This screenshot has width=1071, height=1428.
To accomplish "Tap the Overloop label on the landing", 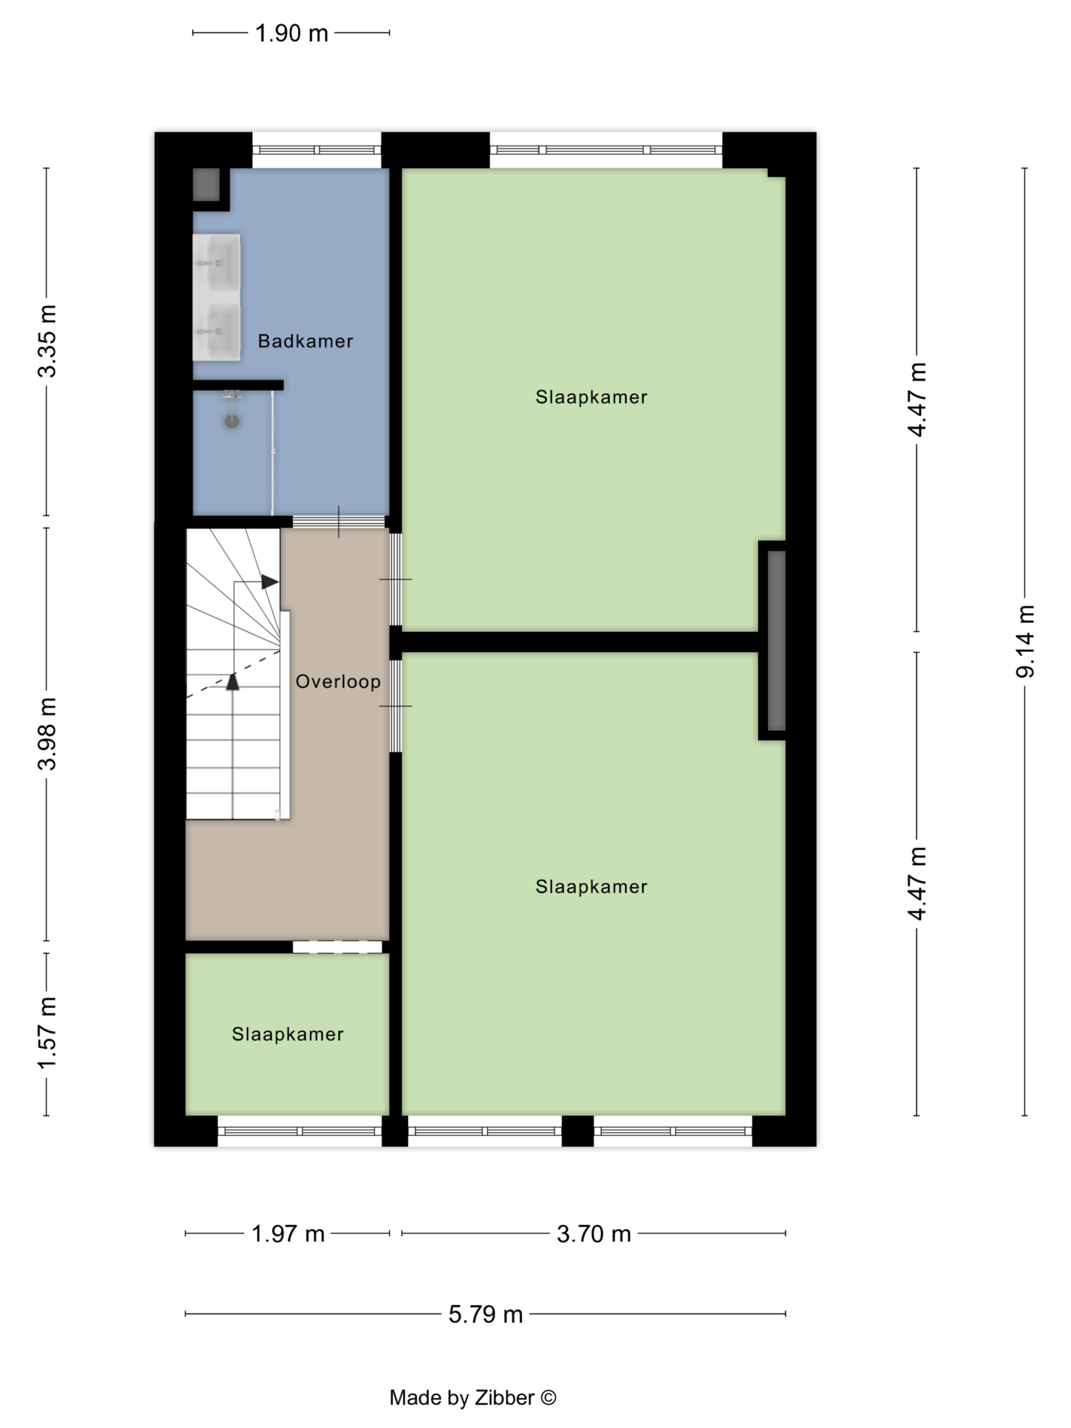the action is point(338,682).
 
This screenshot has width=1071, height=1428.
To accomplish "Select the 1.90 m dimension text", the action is point(292,33).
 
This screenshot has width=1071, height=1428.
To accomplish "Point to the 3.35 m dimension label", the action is point(47,341).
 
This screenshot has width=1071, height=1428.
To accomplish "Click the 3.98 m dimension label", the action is point(47,734).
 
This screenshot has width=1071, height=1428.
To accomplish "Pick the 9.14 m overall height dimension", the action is point(1025,641).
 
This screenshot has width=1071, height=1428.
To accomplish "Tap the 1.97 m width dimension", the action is point(288,1234).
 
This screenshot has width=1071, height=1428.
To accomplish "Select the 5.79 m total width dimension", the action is point(486,1314).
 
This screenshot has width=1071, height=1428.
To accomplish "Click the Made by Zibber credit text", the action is point(473,1398).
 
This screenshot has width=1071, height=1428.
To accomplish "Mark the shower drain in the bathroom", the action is point(232,422).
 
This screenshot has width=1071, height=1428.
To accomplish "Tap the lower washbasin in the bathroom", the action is point(216,331).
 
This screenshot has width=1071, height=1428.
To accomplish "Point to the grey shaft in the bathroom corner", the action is point(207,185).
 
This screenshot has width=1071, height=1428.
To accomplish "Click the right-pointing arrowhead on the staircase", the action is point(270,582).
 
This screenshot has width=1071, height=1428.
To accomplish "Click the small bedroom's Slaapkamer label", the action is point(288,1034).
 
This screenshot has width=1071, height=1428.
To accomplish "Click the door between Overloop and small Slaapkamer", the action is point(338,947).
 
